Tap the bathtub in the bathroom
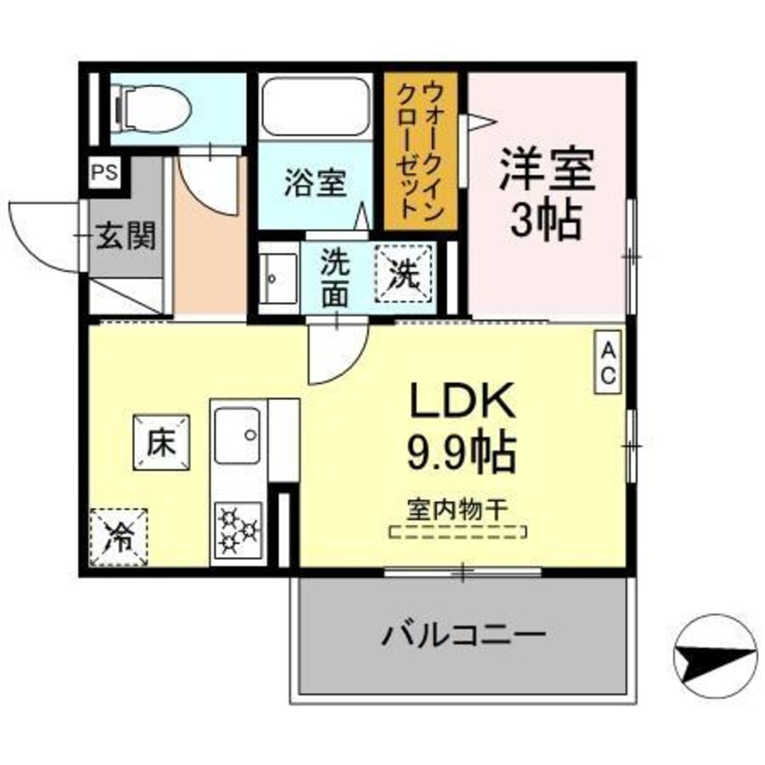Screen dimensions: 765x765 pyautogui.click(x=316, y=107)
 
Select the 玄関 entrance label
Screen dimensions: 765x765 pyautogui.click(x=127, y=236)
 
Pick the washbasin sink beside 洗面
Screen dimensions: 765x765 pyautogui.click(x=279, y=278)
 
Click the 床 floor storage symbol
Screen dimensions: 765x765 pyautogui.click(x=161, y=442)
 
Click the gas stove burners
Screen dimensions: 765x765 pyautogui.click(x=238, y=528)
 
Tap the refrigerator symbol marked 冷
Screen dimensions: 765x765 pyautogui.click(x=118, y=535)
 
